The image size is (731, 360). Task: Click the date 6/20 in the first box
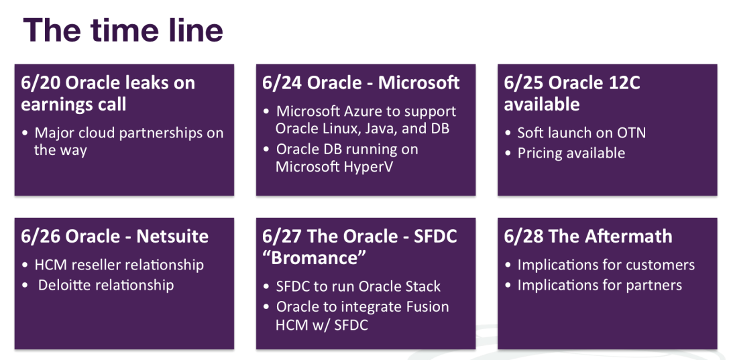[x=40, y=83]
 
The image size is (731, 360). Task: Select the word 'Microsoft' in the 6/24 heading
[x=418, y=82]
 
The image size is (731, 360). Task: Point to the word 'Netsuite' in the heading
[x=172, y=236]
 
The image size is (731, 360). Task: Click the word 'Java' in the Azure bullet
[x=378, y=129]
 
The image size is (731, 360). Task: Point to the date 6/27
[x=282, y=237]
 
